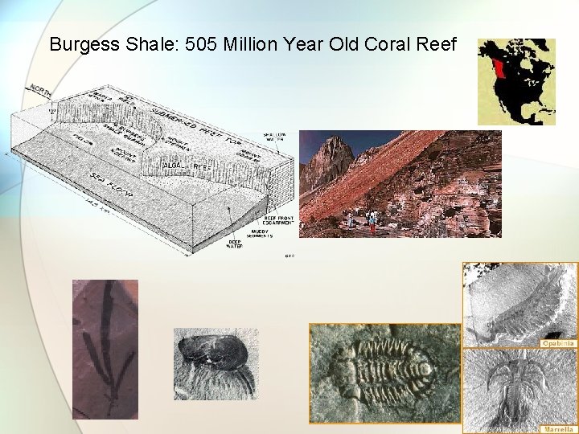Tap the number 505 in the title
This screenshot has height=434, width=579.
(202, 44)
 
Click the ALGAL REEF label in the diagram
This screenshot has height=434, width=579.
(186, 166)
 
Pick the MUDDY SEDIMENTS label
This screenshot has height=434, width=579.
(260, 234)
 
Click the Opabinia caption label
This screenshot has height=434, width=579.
(558, 342)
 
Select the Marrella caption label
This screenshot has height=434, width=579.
(558, 429)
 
